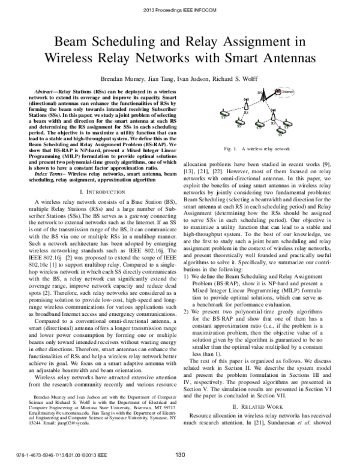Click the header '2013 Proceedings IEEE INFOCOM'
point(180,10)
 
